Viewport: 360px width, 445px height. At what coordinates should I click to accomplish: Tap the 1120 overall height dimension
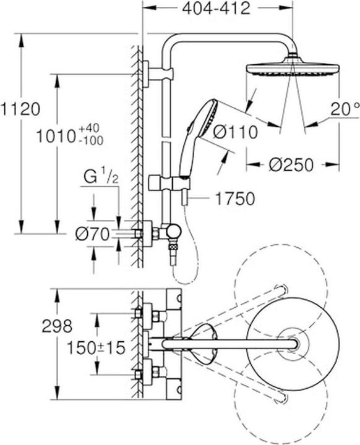tap(20, 109)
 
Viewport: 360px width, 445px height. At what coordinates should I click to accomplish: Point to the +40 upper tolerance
tap(90, 129)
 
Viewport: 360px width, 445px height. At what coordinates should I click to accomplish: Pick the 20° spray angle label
tap(345, 109)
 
